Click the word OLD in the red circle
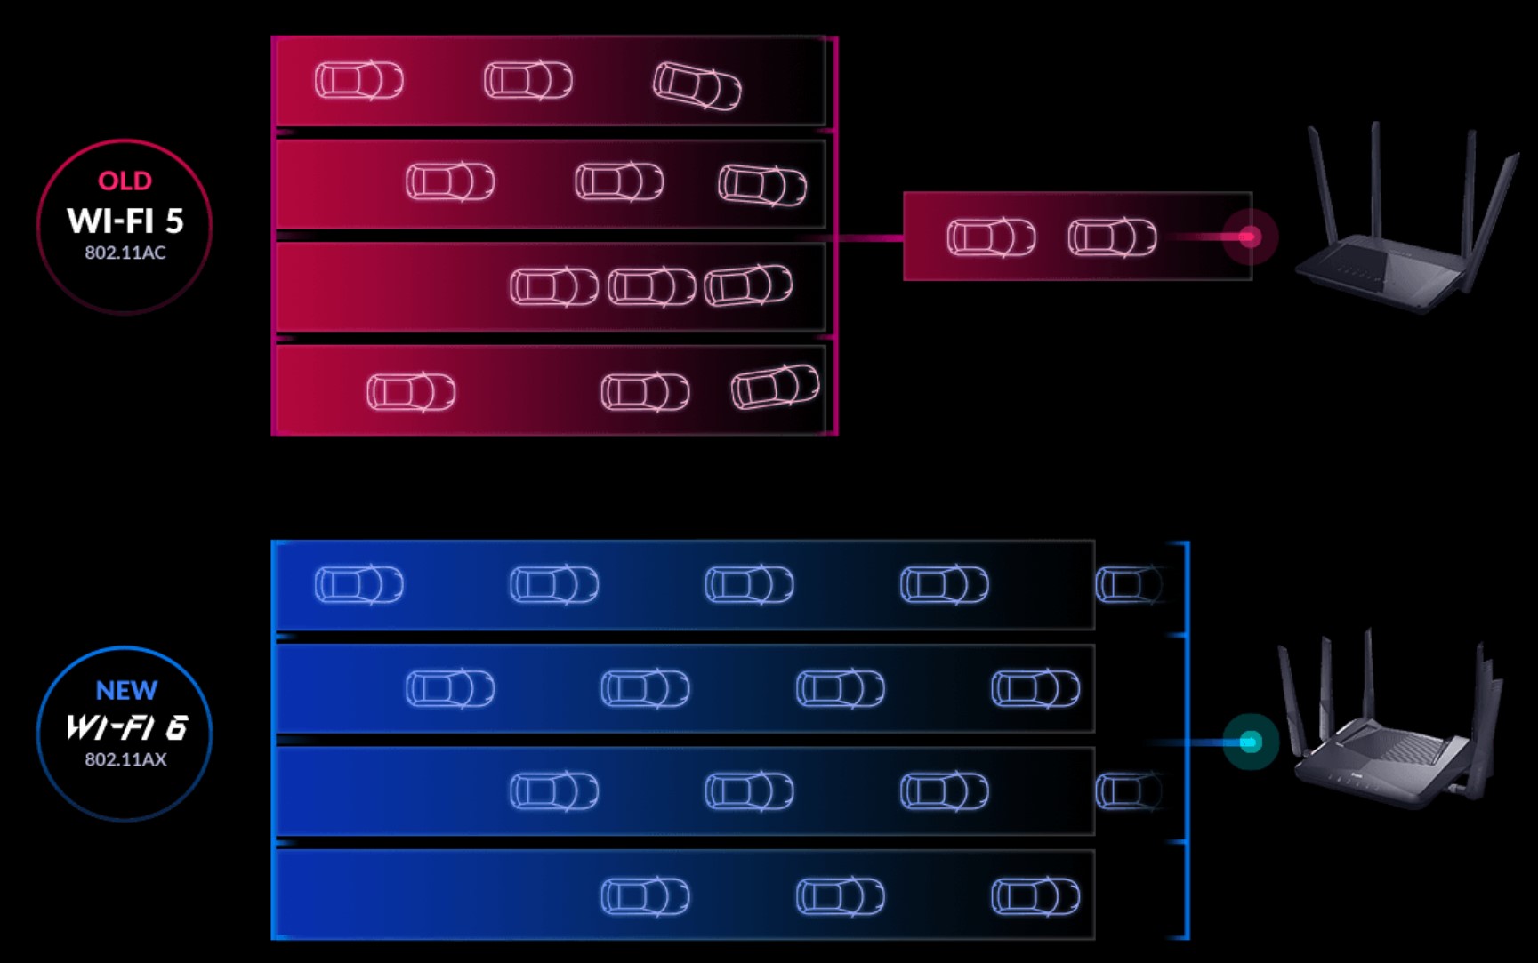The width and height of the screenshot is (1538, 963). click(x=125, y=181)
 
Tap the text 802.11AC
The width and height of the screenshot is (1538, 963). click(x=125, y=253)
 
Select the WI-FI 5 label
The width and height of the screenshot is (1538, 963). click(x=125, y=221)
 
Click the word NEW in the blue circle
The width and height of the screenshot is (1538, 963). click(x=126, y=691)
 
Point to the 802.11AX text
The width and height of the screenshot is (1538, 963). click(x=125, y=759)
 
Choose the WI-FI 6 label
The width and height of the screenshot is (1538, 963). click(x=126, y=728)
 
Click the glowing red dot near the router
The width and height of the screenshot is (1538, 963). click(x=1249, y=237)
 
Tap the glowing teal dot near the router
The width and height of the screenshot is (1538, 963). click(x=1250, y=742)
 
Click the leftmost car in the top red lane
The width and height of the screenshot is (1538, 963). click(x=358, y=80)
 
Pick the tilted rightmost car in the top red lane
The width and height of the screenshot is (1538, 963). click(x=697, y=86)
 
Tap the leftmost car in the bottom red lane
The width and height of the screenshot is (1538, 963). click(x=411, y=391)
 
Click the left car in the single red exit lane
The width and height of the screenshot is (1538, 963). click(x=991, y=237)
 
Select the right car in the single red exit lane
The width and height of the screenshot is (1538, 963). click(x=1112, y=237)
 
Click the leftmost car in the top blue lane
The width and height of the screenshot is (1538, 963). click(x=358, y=585)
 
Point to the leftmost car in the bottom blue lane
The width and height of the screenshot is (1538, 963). click(x=645, y=896)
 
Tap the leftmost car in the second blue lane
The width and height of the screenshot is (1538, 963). click(x=450, y=688)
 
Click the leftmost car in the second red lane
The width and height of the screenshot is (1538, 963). click(x=450, y=182)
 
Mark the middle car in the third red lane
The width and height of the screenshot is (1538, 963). click(x=651, y=287)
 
